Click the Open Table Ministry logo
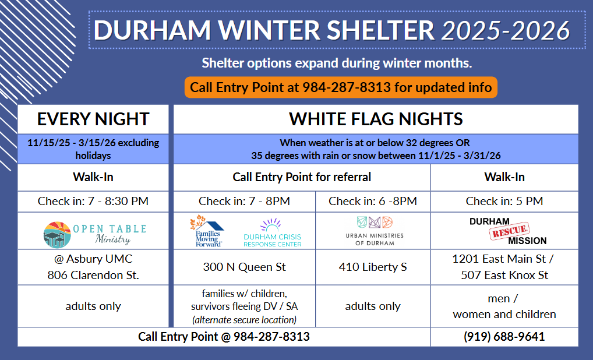tap(94, 234)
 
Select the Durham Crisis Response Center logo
tap(272, 233)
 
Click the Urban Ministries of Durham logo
tap(375, 231)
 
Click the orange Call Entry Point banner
tap(341, 87)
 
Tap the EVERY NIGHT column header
tap(93, 119)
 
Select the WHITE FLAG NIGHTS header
tap(376, 119)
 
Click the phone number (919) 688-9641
tap(504, 337)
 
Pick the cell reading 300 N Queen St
tap(244, 267)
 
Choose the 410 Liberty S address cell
tap(373, 267)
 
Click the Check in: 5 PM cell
tap(504, 201)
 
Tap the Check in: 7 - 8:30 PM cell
tap(93, 201)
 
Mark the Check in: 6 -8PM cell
tap(373, 201)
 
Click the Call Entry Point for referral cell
tap(302, 177)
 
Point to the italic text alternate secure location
tap(244, 320)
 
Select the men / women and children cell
tap(504, 306)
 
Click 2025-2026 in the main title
tap(506, 30)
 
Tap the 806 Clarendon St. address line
tap(93, 275)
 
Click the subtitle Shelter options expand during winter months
tap(337, 63)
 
